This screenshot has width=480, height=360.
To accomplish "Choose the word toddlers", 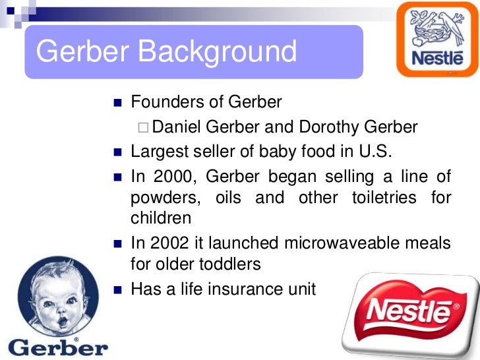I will click(229, 264).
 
